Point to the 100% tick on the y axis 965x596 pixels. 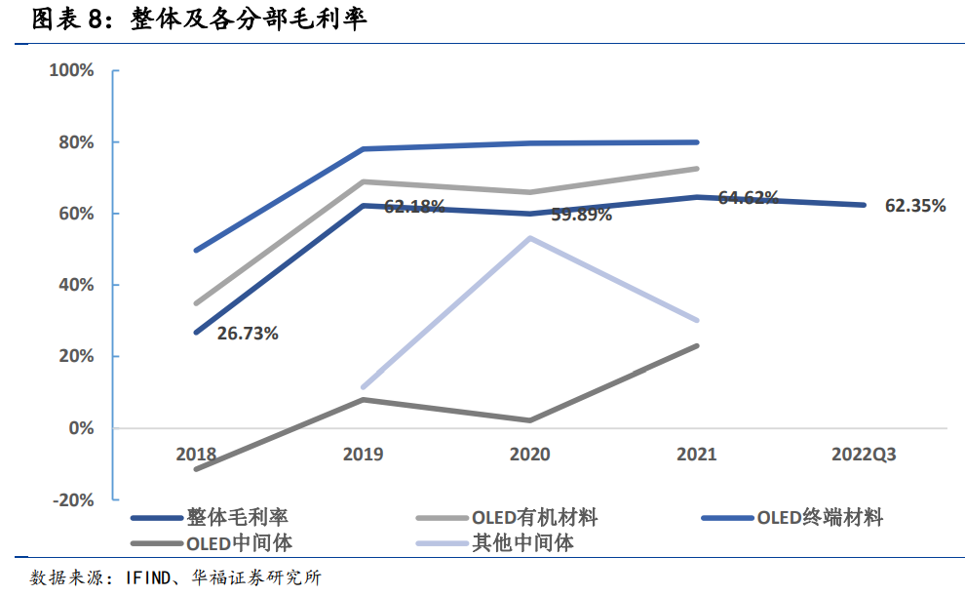click(73, 71)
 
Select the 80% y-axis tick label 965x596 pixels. click(76, 142)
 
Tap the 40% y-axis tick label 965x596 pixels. click(76, 285)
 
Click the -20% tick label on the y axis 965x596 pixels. click(74, 499)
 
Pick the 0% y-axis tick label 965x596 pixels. click(81, 428)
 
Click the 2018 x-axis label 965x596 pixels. click(196, 455)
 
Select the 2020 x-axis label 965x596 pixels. click(530, 455)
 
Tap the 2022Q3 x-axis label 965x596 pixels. click(864, 455)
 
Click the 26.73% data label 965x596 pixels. click(248, 334)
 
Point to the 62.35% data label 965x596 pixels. click(915, 206)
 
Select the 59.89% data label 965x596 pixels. click(581, 215)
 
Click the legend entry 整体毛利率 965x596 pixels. click(238, 517)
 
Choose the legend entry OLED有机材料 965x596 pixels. click(535, 517)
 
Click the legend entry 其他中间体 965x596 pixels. click(522, 542)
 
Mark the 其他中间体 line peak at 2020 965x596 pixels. click(530, 238)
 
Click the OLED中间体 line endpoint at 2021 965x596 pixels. click(697, 345)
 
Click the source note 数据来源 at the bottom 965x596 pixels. click(175, 577)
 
